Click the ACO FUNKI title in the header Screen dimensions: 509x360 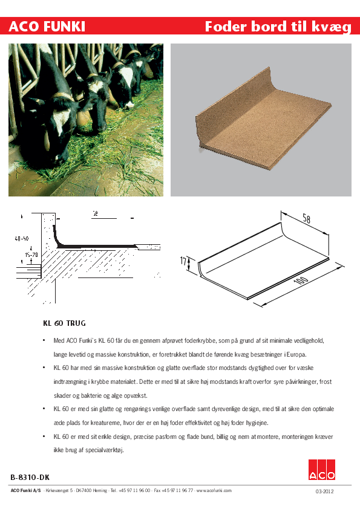click(x=47, y=26)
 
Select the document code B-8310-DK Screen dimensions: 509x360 click(x=30, y=478)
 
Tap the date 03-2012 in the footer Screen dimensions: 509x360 click(x=324, y=491)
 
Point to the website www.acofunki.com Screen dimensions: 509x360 click(x=213, y=490)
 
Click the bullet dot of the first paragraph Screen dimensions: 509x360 click(x=44, y=341)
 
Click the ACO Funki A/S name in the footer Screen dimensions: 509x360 click(x=25, y=490)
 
